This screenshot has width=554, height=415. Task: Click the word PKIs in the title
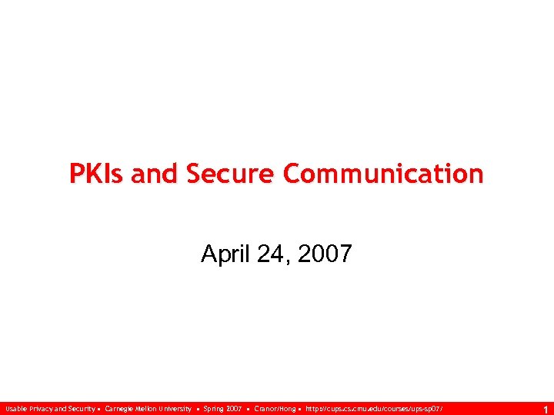tap(97, 174)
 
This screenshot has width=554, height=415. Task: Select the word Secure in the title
tap(232, 174)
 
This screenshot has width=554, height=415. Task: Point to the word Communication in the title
tap(383, 174)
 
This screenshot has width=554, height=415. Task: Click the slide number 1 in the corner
tap(545, 410)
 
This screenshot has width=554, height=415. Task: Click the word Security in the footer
tap(80, 409)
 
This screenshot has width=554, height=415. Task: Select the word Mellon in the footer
tap(149, 409)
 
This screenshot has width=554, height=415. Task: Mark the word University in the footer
tap(178, 409)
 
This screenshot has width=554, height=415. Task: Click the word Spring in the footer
tap(213, 409)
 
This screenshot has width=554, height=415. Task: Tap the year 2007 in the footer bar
tap(234, 409)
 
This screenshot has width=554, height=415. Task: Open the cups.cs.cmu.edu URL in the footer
tap(374, 409)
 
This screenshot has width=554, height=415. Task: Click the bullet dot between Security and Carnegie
tap(99, 409)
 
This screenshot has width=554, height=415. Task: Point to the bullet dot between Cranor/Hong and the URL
tap(299, 409)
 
